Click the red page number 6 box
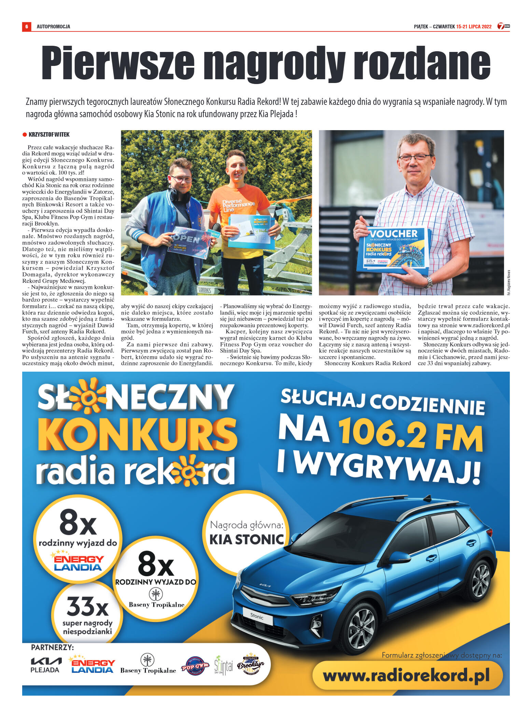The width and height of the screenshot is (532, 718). click(x=26, y=26)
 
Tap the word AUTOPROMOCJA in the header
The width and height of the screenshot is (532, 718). click(x=53, y=27)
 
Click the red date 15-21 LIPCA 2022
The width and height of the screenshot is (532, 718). click(x=474, y=27)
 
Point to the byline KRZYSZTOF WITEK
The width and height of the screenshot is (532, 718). click(x=49, y=135)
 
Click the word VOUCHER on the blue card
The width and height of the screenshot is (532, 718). click(x=394, y=234)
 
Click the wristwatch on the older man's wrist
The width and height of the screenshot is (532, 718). click(x=429, y=282)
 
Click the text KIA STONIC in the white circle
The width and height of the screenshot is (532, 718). click(x=247, y=539)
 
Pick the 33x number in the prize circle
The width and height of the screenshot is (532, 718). click(x=87, y=607)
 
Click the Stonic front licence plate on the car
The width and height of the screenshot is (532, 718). click(x=257, y=616)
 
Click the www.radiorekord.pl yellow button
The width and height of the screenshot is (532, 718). click(x=407, y=675)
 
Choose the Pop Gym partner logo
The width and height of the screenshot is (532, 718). click(x=195, y=666)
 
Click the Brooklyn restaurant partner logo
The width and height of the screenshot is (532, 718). click(x=251, y=664)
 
